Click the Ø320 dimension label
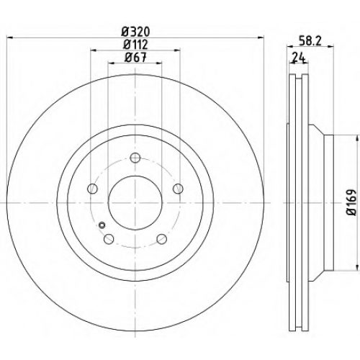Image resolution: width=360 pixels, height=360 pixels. (x=135, y=32)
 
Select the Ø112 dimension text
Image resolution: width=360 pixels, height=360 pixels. (x=135, y=45)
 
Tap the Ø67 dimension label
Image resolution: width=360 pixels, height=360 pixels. (x=135, y=58)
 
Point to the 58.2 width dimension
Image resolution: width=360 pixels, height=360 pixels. (x=311, y=41)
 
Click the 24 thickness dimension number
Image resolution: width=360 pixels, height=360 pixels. (x=298, y=58)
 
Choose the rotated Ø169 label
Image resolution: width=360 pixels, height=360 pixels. (x=351, y=202)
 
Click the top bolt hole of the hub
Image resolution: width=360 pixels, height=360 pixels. (x=135, y=158)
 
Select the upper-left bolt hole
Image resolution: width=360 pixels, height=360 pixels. (x=93, y=189)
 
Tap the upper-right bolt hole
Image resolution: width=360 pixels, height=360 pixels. (x=178, y=189)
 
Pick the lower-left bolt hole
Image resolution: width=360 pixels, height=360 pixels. (x=109, y=238)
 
